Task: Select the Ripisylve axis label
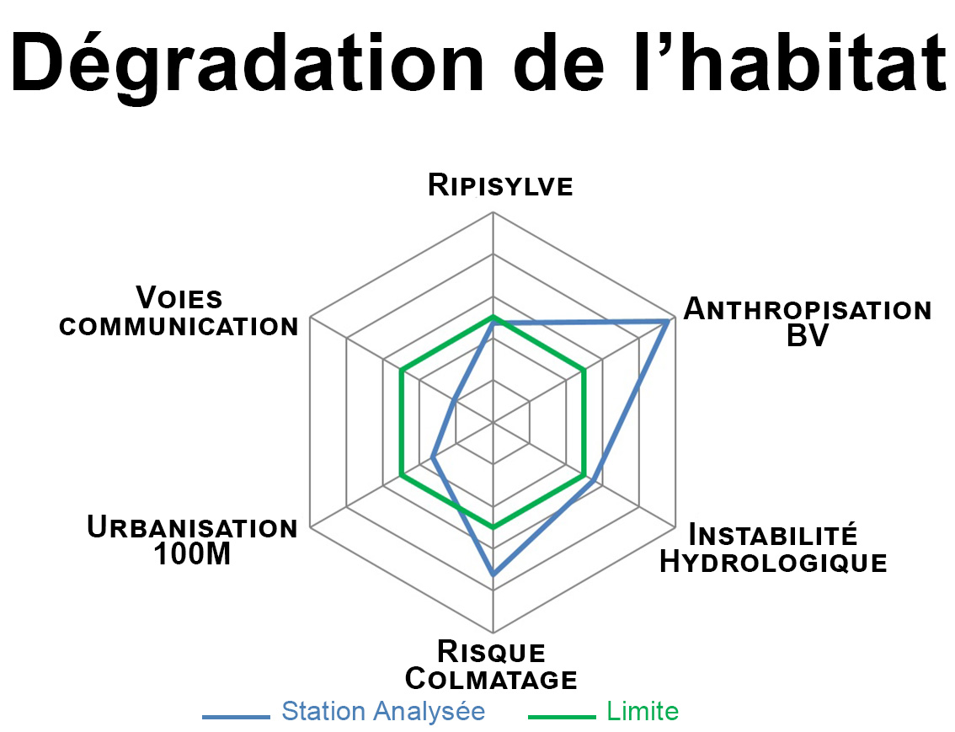(x=500, y=185)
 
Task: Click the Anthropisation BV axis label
(x=808, y=322)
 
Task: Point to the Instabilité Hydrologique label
(x=773, y=548)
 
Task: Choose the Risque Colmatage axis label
(x=491, y=665)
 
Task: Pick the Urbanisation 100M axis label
(x=192, y=540)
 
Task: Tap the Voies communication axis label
(x=179, y=311)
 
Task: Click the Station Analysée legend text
(x=383, y=711)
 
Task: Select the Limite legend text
(x=643, y=711)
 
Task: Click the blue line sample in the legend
(x=237, y=717)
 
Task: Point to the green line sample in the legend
(x=562, y=717)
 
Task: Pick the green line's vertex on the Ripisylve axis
(x=494, y=317)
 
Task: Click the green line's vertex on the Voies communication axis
(x=402, y=369)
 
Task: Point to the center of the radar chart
(x=494, y=421)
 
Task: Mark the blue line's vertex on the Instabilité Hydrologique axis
(x=594, y=480)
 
